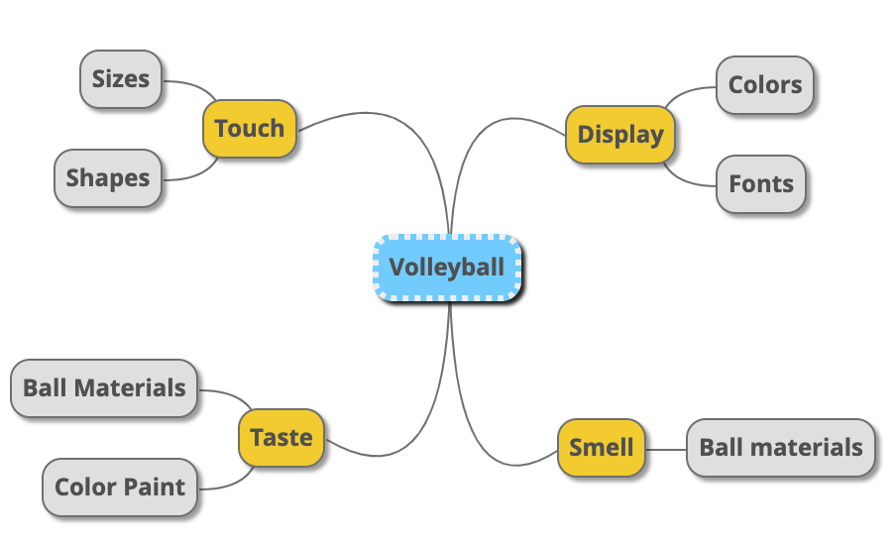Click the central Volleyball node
coord(447,268)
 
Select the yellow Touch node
coord(249,129)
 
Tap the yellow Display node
coord(620,135)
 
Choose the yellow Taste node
coord(281,437)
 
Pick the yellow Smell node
coord(601,448)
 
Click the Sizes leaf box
coord(120,78)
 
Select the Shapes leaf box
coord(107,178)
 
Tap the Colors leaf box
coord(764,84)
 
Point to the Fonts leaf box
coord(760,184)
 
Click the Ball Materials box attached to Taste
coord(104,387)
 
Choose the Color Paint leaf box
coord(119,487)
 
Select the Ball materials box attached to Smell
coord(781,448)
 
